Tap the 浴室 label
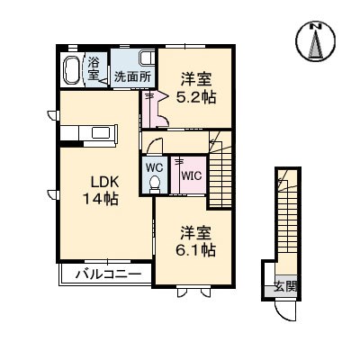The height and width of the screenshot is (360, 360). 94,68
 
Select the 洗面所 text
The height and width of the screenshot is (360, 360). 131,77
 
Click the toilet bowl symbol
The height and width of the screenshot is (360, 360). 153,183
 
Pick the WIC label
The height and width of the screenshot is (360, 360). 191,176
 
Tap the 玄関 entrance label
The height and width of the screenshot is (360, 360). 286,287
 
